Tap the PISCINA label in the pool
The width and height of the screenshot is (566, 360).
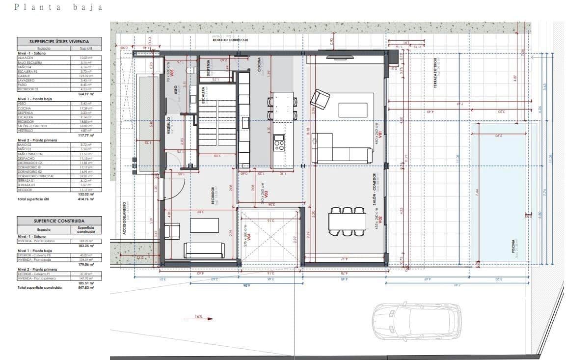(x=513, y=248)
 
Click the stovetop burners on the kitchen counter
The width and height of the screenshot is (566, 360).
(x=279, y=145)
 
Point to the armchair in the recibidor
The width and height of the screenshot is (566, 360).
(x=173, y=230)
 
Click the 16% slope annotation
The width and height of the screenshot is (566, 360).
(x=198, y=317)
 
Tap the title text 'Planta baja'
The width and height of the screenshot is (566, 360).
(x=59, y=7)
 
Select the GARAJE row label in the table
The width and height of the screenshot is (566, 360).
(x=25, y=76)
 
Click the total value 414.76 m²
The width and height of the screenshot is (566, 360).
(x=86, y=200)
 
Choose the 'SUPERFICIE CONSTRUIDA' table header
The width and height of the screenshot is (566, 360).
(x=59, y=222)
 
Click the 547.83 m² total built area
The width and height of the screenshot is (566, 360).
(x=86, y=288)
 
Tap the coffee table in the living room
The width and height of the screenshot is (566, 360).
(x=353, y=110)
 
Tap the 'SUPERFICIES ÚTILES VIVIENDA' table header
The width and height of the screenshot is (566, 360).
(x=59, y=42)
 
